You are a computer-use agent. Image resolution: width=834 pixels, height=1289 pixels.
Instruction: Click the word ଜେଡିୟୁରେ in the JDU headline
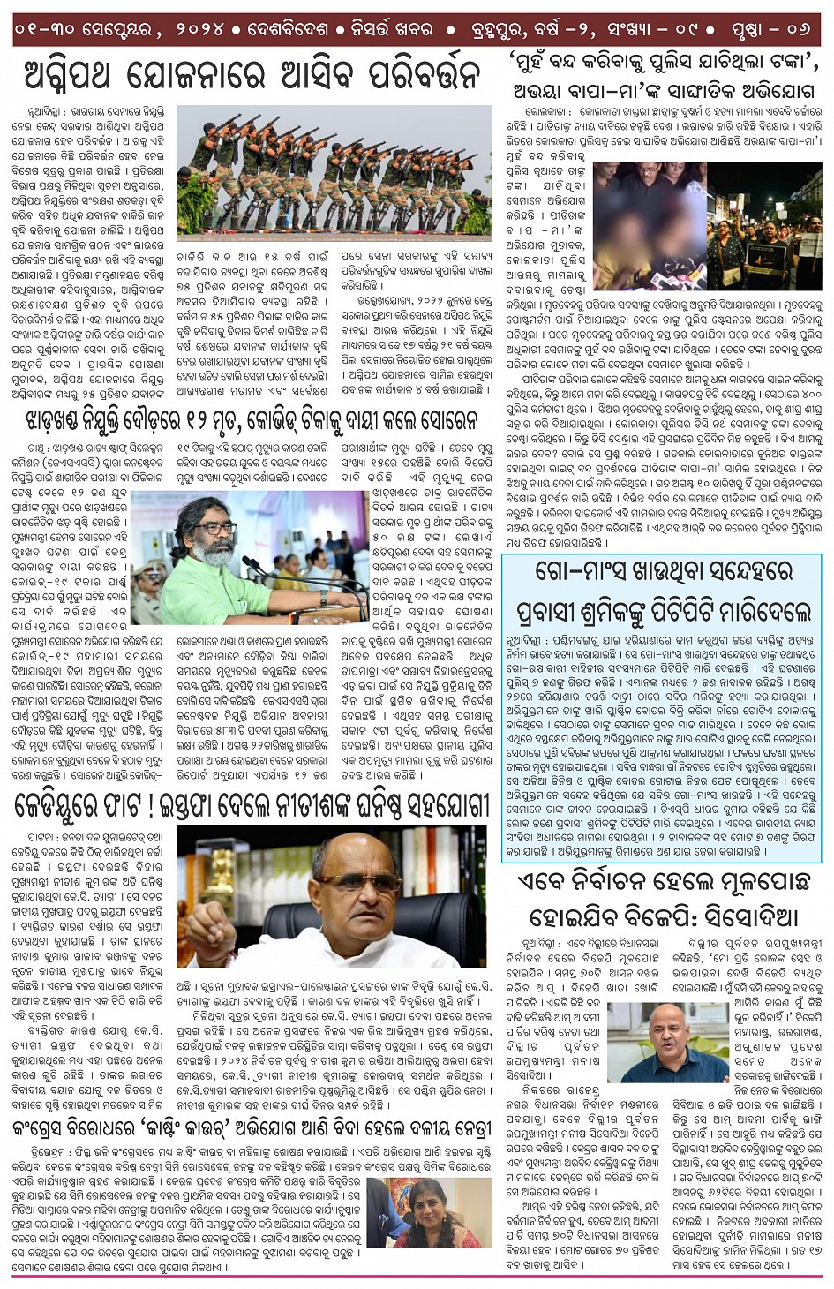click(71, 804)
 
